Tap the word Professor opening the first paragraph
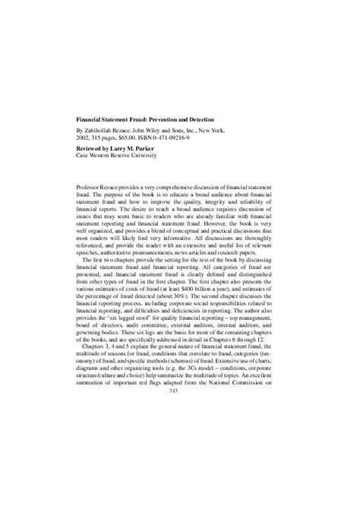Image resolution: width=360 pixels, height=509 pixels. [93, 187]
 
